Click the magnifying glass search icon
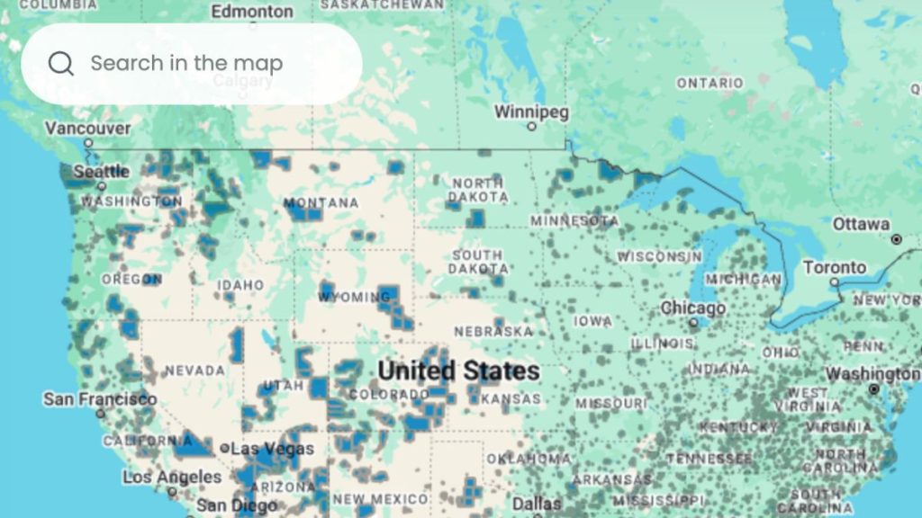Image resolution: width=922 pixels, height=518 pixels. coord(61,63)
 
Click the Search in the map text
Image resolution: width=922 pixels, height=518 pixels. coord(186,63)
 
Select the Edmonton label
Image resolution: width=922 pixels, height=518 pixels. coord(252,12)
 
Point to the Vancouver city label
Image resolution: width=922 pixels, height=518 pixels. coord(87,129)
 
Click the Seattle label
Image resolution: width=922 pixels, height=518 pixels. coord(101,171)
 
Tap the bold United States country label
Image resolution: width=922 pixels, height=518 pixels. coord(458,371)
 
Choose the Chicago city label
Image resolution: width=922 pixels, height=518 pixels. coord(693,308)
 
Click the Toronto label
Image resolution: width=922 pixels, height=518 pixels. coord(835,268)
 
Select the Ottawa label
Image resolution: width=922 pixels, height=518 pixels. coord(861,224)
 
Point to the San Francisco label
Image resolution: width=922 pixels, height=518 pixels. coord(99,398)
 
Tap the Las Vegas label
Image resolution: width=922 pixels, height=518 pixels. coord(272,448)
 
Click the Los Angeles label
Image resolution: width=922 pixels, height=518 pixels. coord(171,477)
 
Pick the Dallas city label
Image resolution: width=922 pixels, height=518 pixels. coord(537,504)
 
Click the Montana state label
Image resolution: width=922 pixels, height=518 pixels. coord(321,203)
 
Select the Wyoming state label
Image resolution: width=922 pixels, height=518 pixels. coord(354,297)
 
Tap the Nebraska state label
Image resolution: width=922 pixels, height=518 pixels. coord(493,332)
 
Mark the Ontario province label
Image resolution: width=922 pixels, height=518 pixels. coord(710,83)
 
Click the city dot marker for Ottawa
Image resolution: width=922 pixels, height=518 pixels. coord(896,239)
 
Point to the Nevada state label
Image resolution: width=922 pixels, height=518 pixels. coord(194,371)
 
